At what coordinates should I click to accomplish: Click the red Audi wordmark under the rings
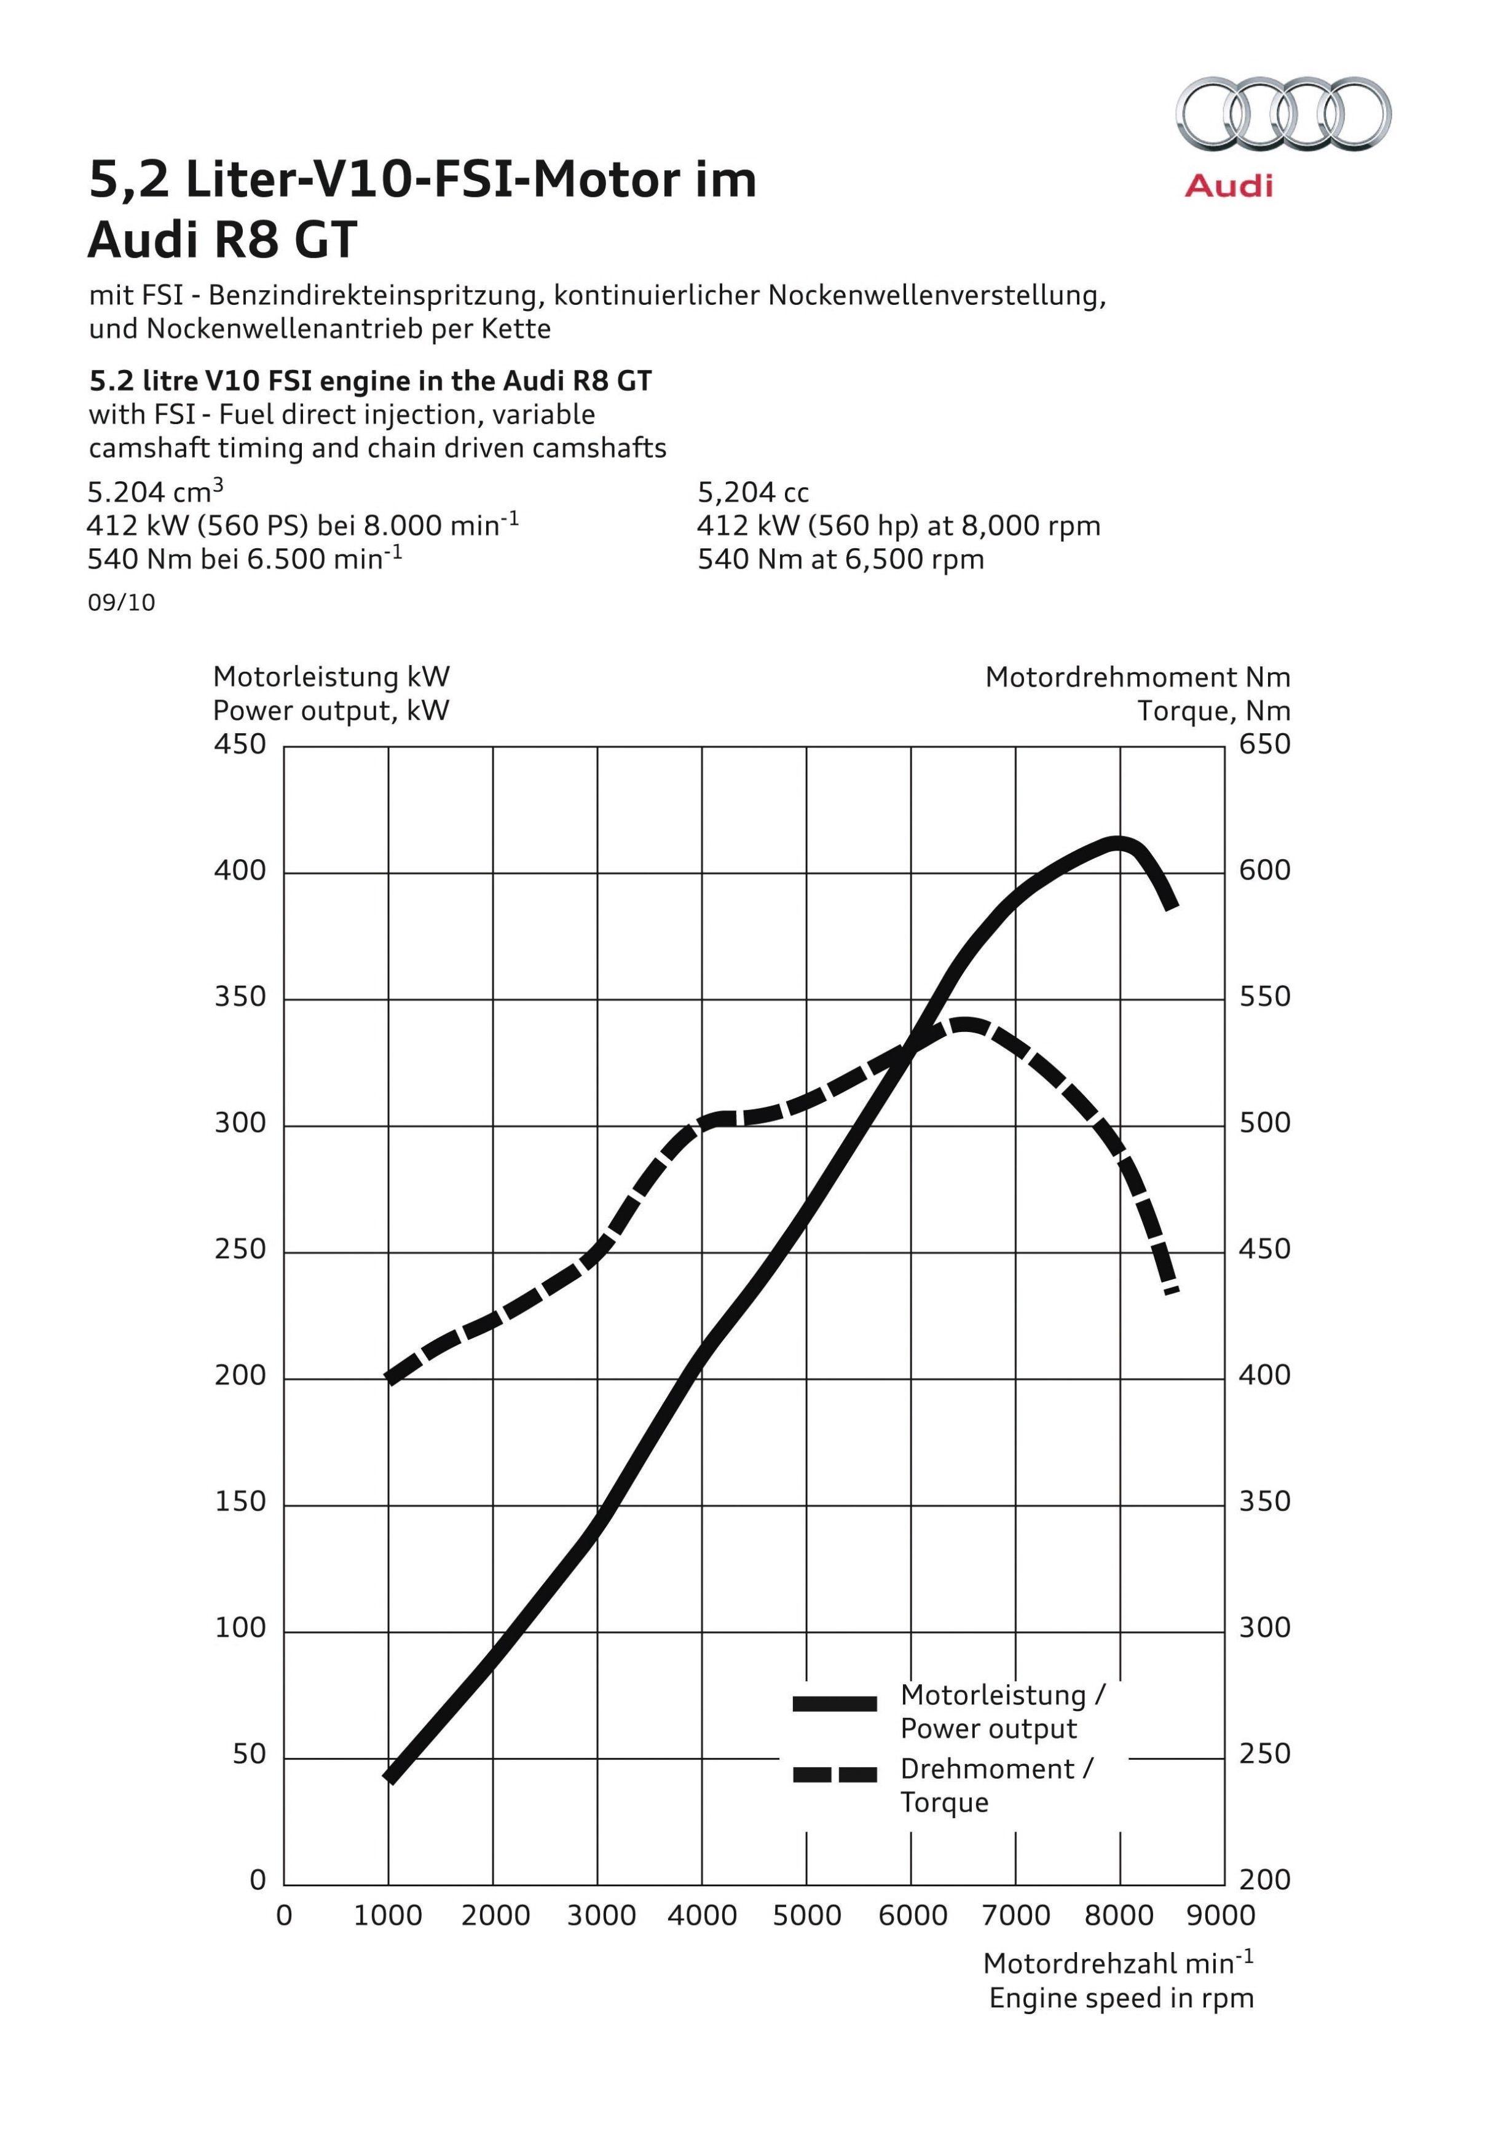1228,186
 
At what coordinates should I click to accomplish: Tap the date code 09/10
122,602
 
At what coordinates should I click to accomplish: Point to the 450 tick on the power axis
240,744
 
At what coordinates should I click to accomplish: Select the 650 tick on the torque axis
1264,744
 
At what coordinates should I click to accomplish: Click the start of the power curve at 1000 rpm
390,1779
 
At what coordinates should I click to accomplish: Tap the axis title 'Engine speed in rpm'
1121,1998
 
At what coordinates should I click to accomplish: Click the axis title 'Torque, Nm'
1214,711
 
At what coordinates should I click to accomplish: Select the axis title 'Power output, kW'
331,711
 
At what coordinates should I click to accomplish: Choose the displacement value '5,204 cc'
753,492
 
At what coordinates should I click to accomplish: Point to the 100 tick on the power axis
240,1628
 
